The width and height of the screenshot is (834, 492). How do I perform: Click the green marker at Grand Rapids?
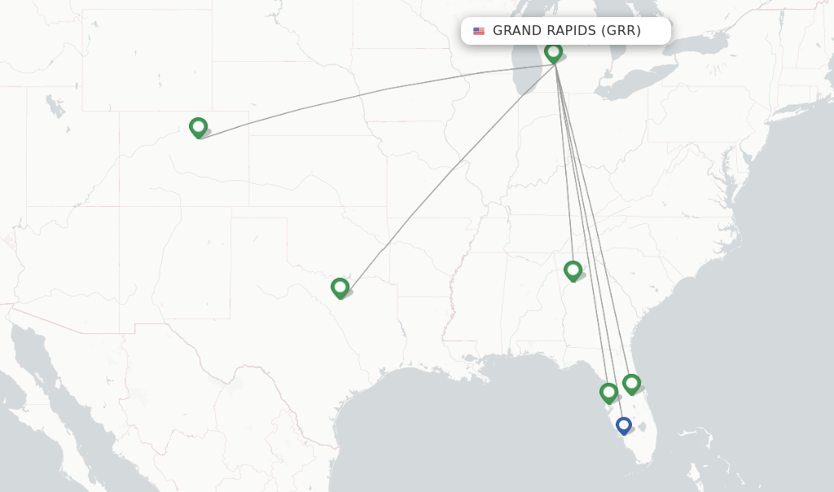[x=553, y=53]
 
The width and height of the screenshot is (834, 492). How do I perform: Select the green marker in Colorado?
[x=198, y=127]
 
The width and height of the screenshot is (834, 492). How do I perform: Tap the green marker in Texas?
[x=340, y=288]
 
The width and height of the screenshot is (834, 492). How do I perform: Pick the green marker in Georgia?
[x=573, y=270]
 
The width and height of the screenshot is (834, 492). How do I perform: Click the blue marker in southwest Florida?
[x=623, y=425]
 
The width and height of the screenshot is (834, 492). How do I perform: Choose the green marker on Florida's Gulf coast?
[x=608, y=393]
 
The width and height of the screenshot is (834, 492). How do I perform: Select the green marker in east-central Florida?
[x=631, y=384]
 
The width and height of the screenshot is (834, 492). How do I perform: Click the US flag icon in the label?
[x=479, y=31]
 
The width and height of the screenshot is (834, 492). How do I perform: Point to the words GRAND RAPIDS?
[x=544, y=31]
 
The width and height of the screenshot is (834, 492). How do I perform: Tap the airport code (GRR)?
[x=621, y=31]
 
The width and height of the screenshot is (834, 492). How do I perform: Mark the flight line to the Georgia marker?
[x=564, y=163]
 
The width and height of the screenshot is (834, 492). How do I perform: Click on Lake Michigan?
[x=529, y=65]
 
